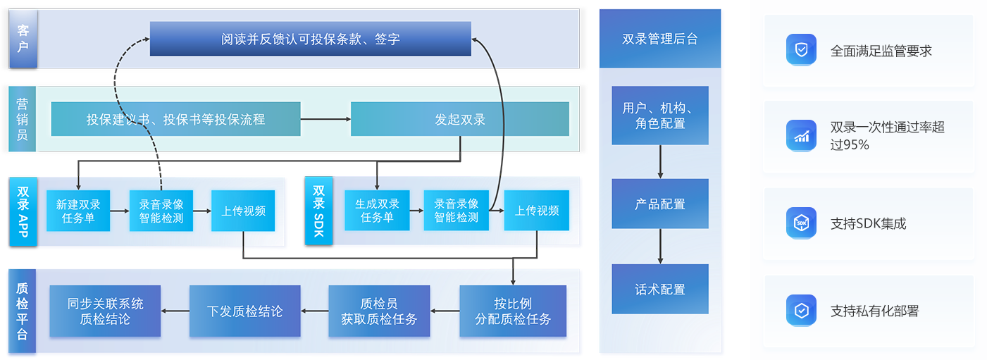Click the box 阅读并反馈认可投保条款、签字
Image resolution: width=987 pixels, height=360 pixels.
click(310, 39)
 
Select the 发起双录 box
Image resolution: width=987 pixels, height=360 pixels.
click(459, 119)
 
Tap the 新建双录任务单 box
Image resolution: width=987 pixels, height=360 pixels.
click(78, 211)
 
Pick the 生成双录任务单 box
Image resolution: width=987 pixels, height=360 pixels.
click(377, 210)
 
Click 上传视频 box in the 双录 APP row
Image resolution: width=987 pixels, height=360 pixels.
click(243, 211)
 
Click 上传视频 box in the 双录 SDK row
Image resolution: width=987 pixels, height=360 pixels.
click(536, 210)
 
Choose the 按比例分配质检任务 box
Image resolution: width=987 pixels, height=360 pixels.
click(513, 311)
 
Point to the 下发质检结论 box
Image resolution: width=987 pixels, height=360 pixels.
click(244, 311)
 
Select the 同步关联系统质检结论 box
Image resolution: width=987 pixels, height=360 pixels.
click(105, 311)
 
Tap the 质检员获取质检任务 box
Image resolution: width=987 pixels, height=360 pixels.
click(379, 311)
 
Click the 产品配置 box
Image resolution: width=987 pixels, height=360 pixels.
click(660, 204)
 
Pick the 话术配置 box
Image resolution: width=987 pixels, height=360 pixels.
click(660, 289)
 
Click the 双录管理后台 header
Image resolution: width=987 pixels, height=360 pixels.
click(660, 39)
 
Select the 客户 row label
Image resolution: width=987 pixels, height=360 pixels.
click(23, 39)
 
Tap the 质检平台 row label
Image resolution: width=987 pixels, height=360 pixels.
click(22, 311)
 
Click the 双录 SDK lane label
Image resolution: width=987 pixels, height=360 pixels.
click(318, 211)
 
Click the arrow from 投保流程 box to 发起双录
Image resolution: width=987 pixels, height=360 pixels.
click(325, 119)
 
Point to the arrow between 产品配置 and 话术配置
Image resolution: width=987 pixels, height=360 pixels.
click(660, 246)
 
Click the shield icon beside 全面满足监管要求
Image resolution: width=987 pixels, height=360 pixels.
click(801, 49)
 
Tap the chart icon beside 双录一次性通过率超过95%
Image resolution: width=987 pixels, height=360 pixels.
click(801, 136)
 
